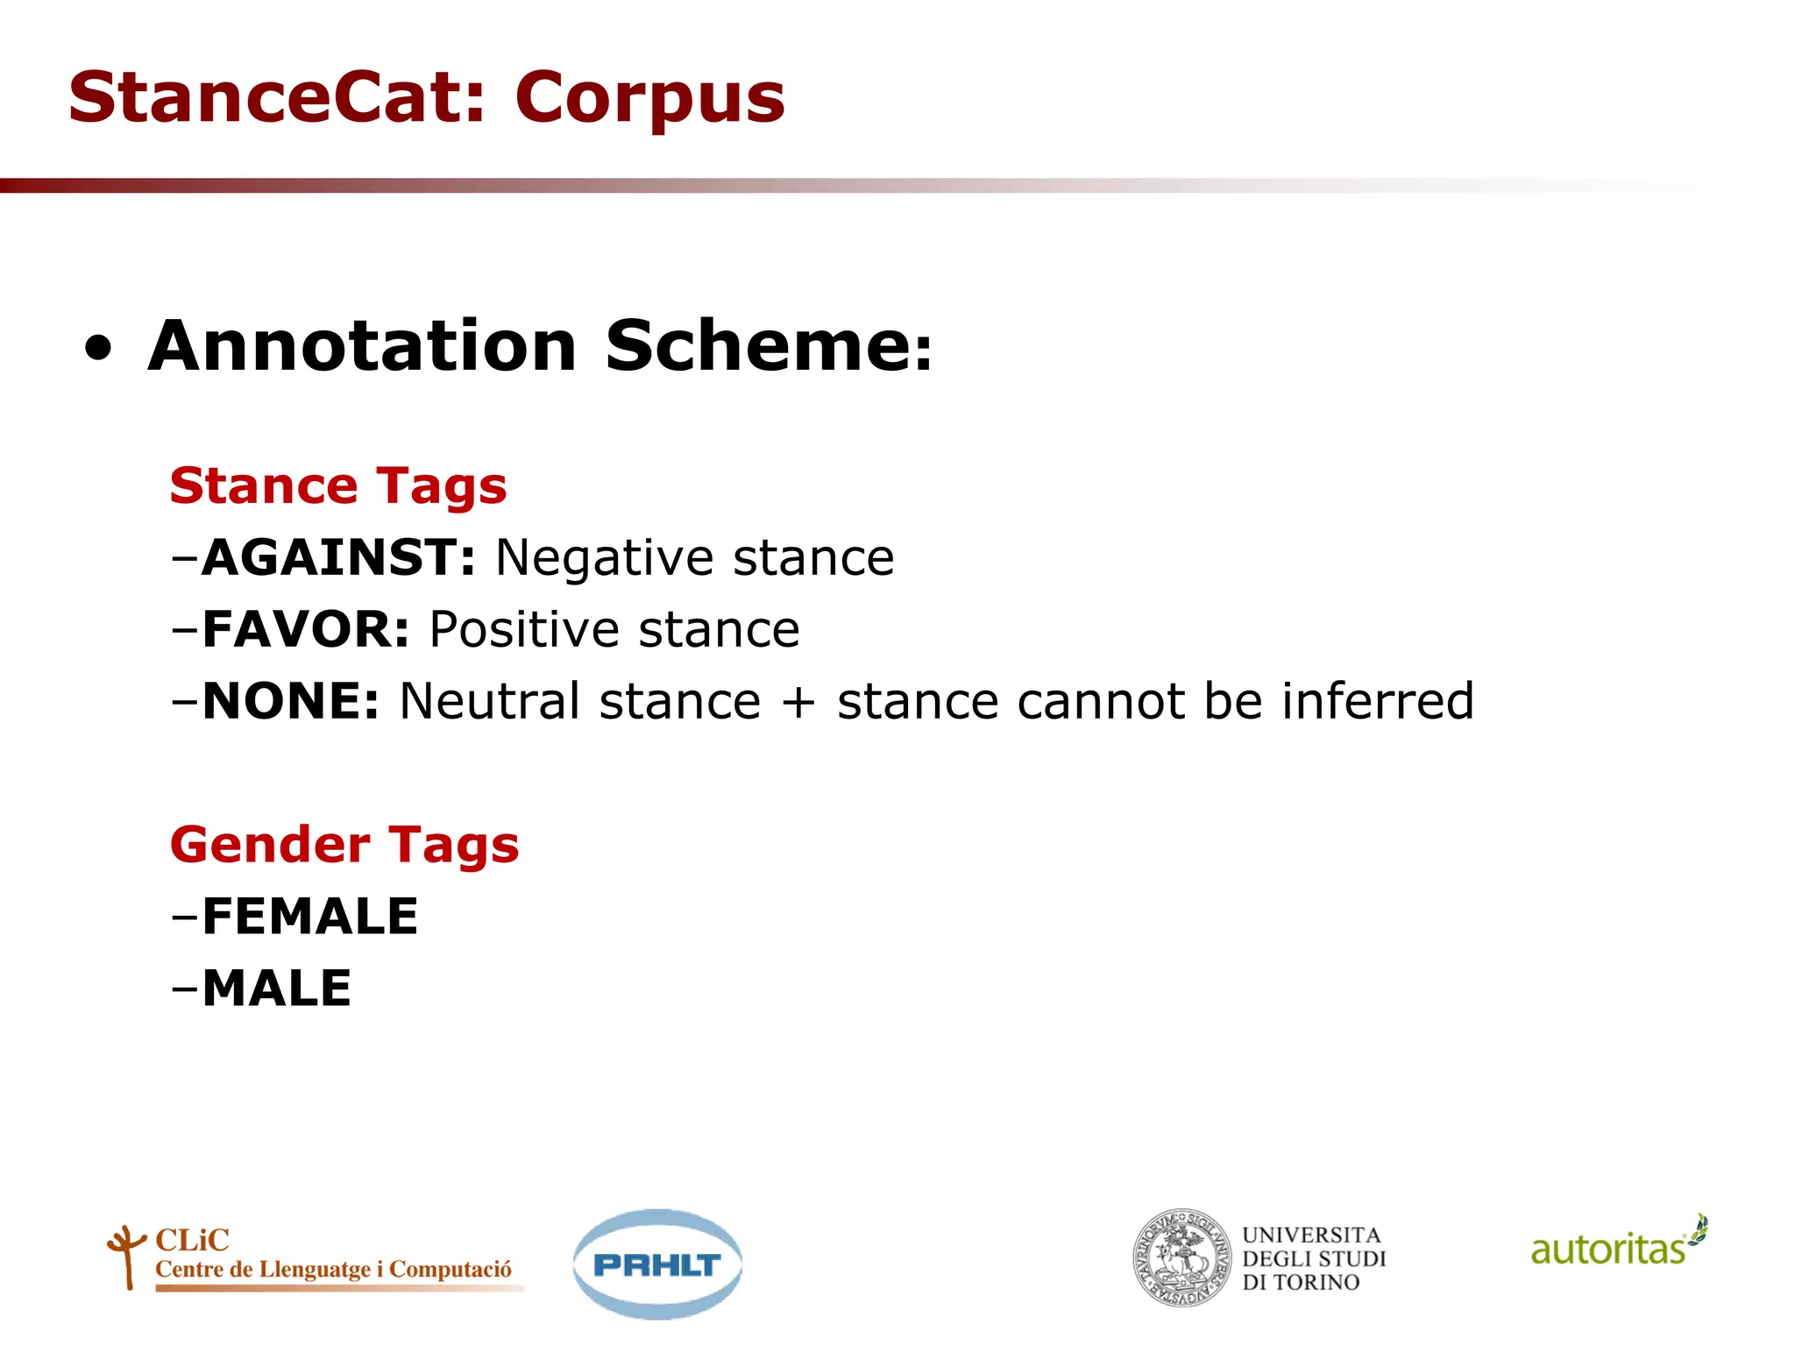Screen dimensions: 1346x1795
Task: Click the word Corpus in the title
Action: pos(649,99)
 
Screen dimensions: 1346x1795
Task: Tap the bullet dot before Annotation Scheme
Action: pos(99,348)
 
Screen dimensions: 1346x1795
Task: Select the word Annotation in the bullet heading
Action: pos(362,346)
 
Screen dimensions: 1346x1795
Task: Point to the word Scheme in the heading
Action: pos(759,346)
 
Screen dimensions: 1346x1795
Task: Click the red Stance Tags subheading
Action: pos(338,486)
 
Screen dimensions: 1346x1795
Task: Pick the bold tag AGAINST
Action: pos(337,557)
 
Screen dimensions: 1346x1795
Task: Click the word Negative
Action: pos(605,558)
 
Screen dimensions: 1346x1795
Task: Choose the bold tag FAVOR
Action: pos(305,629)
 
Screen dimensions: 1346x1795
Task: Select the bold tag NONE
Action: pos(290,701)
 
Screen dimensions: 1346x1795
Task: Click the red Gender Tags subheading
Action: pos(344,846)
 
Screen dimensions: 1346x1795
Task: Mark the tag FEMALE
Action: pos(309,917)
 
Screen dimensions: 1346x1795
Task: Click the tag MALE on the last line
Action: pos(276,988)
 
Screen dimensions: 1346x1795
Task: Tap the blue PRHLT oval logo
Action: pos(657,1265)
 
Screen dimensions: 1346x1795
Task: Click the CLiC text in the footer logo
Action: pos(192,1240)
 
